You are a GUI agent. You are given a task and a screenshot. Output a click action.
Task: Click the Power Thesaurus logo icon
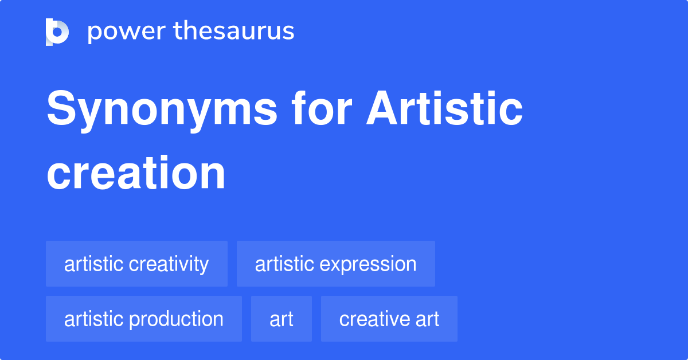(57, 32)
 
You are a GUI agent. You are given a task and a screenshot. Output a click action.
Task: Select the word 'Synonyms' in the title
(161, 110)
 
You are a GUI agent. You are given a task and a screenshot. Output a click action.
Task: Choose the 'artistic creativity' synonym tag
(136, 264)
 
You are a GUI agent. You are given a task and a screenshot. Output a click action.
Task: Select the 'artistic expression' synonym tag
(335, 264)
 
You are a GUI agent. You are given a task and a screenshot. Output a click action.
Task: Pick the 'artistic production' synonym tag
(143, 319)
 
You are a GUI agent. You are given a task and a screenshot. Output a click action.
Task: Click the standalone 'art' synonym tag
(281, 319)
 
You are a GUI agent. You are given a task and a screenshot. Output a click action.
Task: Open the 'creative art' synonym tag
(389, 319)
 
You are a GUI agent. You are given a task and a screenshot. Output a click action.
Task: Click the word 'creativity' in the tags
(169, 264)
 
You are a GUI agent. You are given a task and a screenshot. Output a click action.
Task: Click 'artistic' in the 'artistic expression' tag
(284, 264)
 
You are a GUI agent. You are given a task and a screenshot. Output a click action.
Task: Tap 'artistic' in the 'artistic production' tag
(93, 319)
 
